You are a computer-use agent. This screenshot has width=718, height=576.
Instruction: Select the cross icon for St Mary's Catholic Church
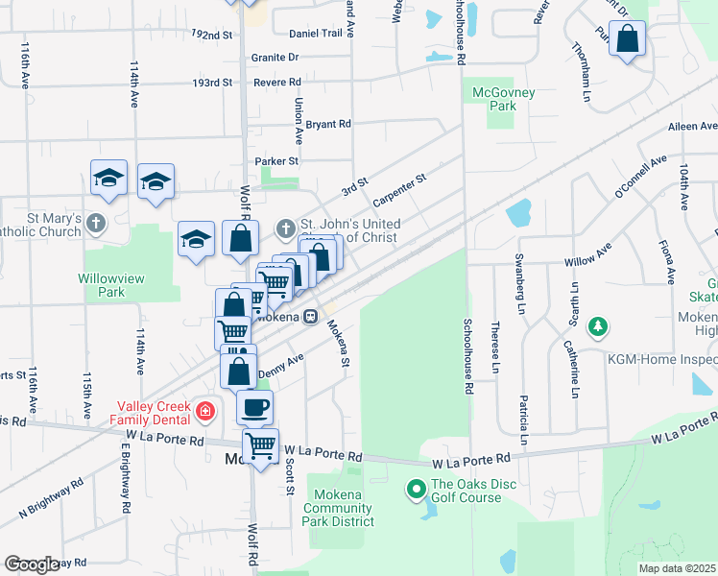coord(94,224)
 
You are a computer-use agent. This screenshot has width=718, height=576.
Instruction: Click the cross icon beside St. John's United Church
coord(285,229)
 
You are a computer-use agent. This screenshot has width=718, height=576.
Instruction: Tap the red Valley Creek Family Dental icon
coord(203,412)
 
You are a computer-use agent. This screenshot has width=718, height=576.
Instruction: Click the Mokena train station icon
coord(310,317)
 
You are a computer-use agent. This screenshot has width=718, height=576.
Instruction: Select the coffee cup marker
coord(254,407)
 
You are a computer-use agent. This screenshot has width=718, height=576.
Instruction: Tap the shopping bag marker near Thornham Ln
coord(627,39)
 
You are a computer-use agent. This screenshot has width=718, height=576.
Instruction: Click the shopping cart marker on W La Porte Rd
coord(260,445)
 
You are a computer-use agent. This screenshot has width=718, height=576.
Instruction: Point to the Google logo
coord(31,564)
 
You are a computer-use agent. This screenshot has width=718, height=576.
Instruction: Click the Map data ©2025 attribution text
coord(677,568)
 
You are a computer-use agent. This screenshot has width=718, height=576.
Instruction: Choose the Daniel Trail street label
coord(316,33)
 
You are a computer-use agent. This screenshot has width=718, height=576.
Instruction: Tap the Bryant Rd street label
coord(328,124)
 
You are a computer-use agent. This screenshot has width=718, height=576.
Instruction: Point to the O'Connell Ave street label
coord(639,178)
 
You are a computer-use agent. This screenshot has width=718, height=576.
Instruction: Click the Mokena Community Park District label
coord(339,508)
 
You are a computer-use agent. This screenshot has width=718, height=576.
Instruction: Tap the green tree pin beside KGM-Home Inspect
coord(598,328)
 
